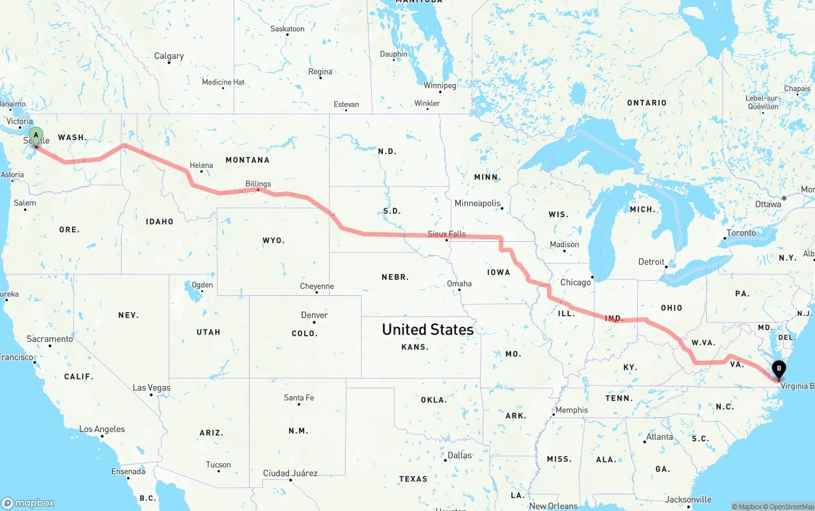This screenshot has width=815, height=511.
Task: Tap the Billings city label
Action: [258, 184]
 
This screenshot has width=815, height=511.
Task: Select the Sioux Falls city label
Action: [446, 234]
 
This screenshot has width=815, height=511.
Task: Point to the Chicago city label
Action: [575, 283]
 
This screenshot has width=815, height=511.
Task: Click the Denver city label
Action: [314, 315]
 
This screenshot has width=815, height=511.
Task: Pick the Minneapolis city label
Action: [477, 203]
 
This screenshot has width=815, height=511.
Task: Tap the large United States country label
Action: [427, 329]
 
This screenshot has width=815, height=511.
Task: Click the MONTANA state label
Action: [247, 160]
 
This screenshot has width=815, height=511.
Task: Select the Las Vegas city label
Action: [152, 388]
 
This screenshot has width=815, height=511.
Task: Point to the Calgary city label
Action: [169, 56]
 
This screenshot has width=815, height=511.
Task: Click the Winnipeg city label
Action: [440, 85]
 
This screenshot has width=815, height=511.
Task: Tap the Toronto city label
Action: [741, 233]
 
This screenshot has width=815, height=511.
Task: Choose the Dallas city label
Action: [459, 455]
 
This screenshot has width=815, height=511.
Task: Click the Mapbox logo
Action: [28, 503]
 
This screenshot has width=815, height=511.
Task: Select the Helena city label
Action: [201, 165]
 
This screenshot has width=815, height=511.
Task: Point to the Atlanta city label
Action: [659, 437]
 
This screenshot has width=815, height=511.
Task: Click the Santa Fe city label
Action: [299, 398]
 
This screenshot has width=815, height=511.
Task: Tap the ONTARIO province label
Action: [646, 102]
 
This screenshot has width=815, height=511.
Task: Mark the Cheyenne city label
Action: [316, 286]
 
